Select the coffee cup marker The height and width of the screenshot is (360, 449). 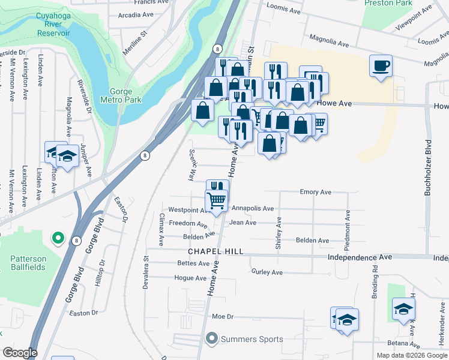pos(381,65)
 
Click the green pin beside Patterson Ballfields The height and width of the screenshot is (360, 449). pos(58,239)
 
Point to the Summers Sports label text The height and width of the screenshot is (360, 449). pos(252,340)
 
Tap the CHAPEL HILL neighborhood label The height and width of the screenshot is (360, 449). pos(215,252)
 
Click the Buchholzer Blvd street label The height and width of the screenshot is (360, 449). pos(429,169)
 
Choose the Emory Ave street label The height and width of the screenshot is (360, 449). pos(316,193)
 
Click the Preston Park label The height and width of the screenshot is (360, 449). pos(388,3)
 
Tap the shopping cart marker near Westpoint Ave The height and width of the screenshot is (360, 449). pos(216,199)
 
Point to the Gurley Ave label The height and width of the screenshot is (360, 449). pos(267,272)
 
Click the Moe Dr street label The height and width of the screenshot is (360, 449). pos(222,316)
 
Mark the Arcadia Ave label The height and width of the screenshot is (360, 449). pos(136,14)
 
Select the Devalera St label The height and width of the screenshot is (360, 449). pos(146,274)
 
